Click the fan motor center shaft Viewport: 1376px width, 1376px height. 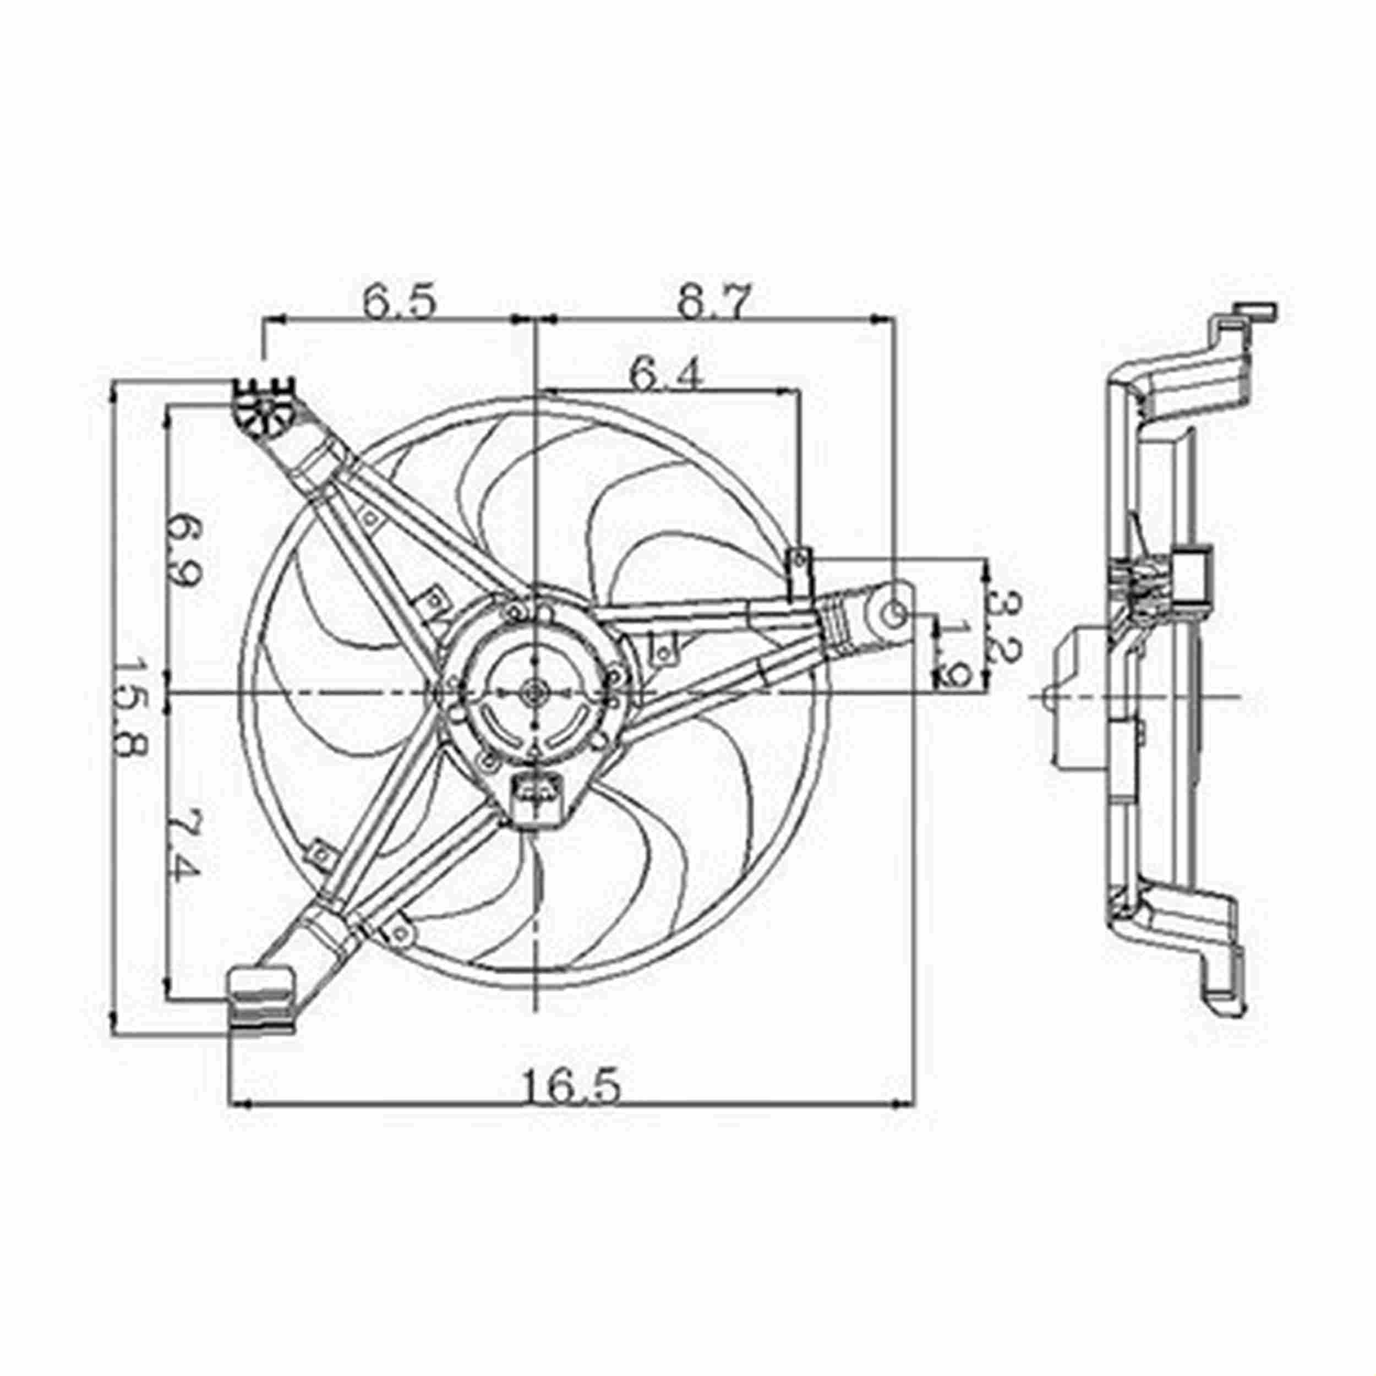click(x=533, y=692)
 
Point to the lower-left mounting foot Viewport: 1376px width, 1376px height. click(x=261, y=1001)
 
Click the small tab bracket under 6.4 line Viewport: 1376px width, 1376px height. click(x=799, y=574)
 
